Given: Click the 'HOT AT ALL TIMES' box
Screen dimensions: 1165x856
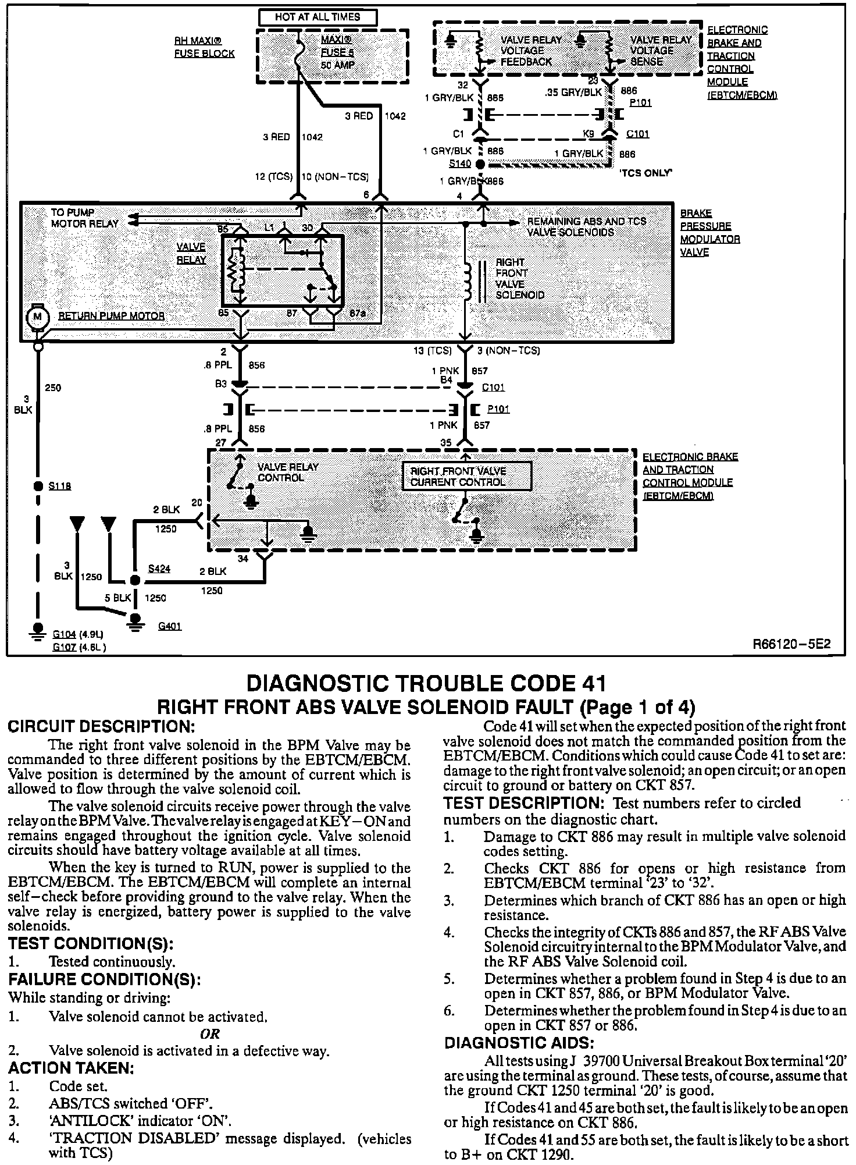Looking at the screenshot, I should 318,17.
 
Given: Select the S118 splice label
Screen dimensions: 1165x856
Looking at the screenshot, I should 60,486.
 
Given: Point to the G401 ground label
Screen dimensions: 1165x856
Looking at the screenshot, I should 170,626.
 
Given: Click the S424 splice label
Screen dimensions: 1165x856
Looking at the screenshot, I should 159,569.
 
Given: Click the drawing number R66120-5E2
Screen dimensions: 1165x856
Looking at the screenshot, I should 791,644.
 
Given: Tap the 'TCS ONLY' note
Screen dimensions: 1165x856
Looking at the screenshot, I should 646,173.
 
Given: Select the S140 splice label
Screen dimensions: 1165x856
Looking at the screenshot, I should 460,164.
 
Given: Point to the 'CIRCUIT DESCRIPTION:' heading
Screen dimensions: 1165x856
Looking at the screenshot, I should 99,727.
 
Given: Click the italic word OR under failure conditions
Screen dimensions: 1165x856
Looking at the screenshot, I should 209,1034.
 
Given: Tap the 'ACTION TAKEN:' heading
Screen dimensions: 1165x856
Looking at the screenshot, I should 71,1068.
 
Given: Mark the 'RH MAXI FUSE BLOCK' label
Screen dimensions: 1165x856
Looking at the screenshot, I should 205,48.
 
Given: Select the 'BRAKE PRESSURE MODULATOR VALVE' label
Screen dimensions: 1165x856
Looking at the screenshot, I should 709,233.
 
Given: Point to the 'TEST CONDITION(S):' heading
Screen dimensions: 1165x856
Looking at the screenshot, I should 91,943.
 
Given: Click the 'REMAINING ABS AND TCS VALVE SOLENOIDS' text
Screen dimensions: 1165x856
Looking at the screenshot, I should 586,226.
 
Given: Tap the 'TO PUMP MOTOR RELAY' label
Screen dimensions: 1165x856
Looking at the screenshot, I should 84,218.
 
